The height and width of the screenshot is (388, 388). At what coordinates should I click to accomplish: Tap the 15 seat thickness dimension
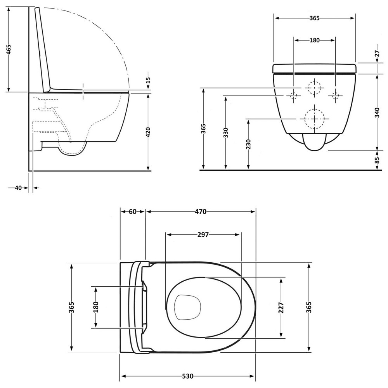point(148,80)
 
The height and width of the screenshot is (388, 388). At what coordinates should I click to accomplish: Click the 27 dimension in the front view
point(377,54)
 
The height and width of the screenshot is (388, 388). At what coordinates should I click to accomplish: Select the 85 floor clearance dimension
point(377,160)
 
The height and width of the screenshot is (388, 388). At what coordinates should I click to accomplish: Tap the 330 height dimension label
point(225,132)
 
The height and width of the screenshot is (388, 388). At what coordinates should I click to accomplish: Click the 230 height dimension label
point(248,144)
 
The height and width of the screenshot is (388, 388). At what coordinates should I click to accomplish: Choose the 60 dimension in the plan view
point(132,211)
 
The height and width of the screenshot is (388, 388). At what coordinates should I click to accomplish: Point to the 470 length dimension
point(200,211)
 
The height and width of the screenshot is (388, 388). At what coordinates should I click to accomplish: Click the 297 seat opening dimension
point(203,234)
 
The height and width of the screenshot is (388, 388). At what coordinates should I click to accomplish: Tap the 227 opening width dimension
point(281,308)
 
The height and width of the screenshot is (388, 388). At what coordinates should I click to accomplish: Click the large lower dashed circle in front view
point(314,118)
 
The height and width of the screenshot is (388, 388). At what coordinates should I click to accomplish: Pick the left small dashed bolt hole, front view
point(293,95)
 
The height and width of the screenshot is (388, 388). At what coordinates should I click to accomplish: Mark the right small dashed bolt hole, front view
point(335,95)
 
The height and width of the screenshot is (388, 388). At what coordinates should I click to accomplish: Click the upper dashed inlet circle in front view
point(314,88)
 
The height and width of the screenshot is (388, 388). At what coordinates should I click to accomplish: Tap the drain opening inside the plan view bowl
point(187,307)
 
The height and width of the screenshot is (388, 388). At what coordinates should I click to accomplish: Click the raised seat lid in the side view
point(43,50)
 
